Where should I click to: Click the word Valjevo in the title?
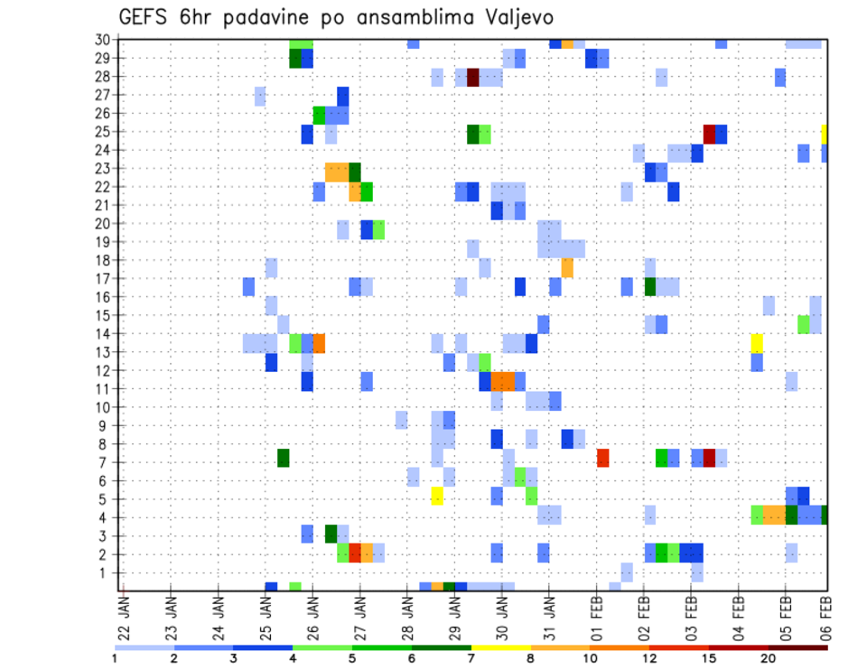516,17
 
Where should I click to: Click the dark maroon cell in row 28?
472,78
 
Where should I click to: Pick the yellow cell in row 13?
757,343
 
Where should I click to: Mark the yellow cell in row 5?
437,496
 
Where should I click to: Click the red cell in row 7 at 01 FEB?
602,459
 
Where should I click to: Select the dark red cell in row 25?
709,134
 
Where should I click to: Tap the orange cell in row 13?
319,343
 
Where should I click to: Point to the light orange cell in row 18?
567,268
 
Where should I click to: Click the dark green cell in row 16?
649,286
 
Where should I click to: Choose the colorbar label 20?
768,658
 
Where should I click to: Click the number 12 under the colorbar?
649,658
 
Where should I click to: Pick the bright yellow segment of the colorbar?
500,647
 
